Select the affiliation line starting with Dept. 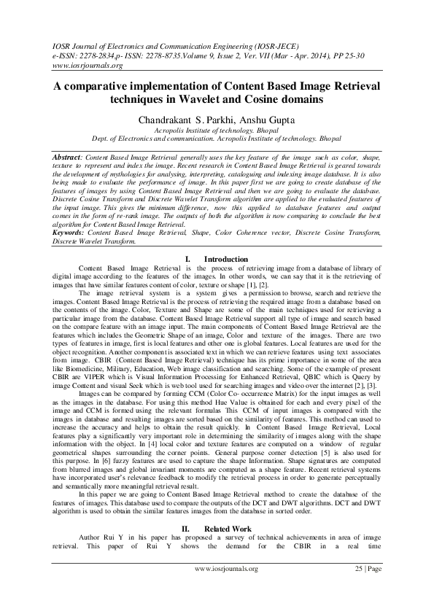pos(217,137)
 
